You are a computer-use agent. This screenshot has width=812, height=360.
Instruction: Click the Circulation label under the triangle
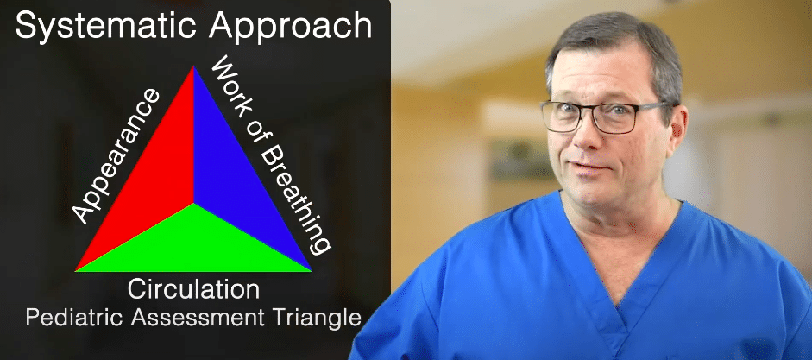(193, 288)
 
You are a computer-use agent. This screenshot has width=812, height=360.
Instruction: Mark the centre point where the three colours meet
(193, 203)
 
